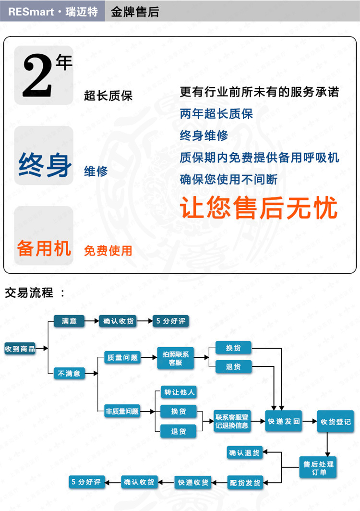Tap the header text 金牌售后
pyautogui.click(x=135, y=12)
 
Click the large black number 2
pyautogui.click(x=37, y=75)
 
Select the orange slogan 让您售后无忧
pyautogui.click(x=258, y=207)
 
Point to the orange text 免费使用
pyautogui.click(x=108, y=251)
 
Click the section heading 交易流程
pyautogui.click(x=29, y=292)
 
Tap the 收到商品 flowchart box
pyautogui.click(x=20, y=349)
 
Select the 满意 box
pyautogui.click(x=69, y=321)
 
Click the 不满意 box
pyautogui.click(x=69, y=373)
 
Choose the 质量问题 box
pyautogui.click(x=122, y=357)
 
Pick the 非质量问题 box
pyautogui.click(x=122, y=411)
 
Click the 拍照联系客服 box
pyautogui.click(x=176, y=358)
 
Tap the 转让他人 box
pyautogui.click(x=179, y=392)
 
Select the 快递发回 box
pyautogui.click(x=283, y=421)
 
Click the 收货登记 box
pyautogui.click(x=336, y=422)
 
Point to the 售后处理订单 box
pyautogui.click(x=318, y=468)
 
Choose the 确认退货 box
pyautogui.click(x=244, y=453)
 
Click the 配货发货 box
pyautogui.click(x=245, y=483)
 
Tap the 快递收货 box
pyautogui.click(x=193, y=482)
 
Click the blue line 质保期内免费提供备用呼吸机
pyautogui.click(x=259, y=158)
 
